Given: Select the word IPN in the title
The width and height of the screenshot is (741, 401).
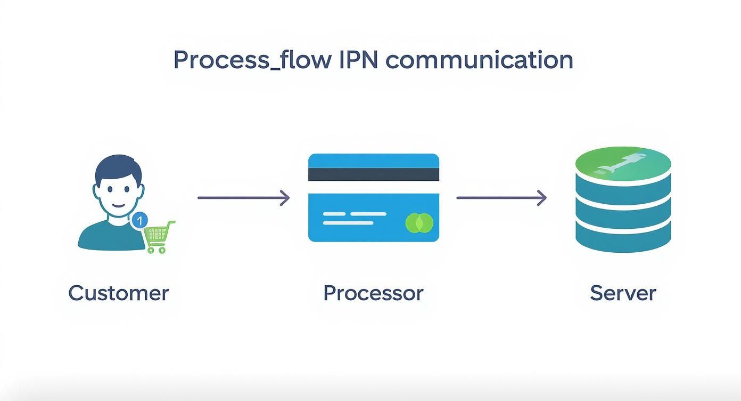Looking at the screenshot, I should tap(358, 60).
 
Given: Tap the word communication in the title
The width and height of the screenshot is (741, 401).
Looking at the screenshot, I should tap(479, 60).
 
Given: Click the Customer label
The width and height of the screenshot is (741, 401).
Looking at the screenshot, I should tap(118, 293).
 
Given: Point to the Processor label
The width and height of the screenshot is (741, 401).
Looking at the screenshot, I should tap(373, 293).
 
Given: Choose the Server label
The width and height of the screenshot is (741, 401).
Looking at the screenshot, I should tap(623, 293).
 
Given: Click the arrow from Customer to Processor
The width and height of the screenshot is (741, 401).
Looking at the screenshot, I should tap(243, 198).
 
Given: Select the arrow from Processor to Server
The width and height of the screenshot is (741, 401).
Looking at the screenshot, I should tap(501, 198).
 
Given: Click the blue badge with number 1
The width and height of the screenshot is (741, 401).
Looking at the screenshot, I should tap(139, 220).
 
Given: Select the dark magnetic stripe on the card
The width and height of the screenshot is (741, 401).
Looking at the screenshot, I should tap(374, 174).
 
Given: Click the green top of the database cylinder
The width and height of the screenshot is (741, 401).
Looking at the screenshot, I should tap(623, 163).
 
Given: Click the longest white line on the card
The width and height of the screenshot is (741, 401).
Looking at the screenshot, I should tap(355, 214).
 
